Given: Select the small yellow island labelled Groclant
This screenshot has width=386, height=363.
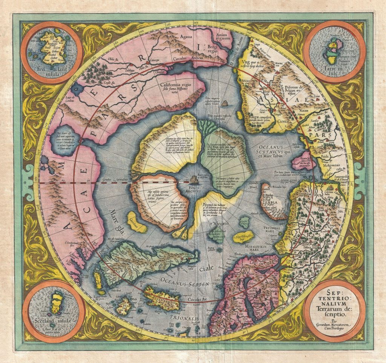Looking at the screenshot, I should click(x=136, y=226).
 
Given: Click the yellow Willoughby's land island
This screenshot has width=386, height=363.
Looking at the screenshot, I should click(x=243, y=237).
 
